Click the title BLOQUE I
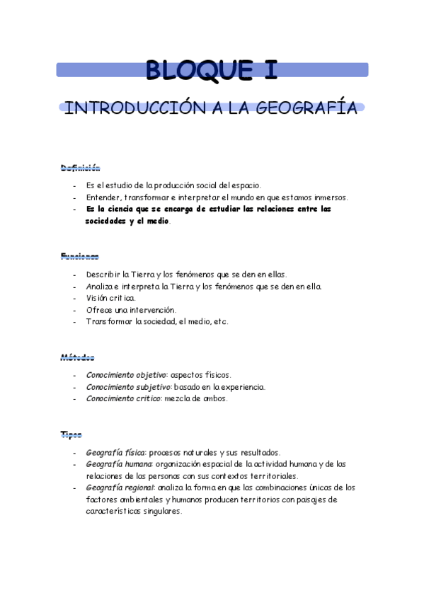[x=211, y=69]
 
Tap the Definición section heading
[x=80, y=168]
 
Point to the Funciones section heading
[x=79, y=256]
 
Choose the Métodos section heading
[x=77, y=358]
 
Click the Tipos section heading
[x=71, y=434]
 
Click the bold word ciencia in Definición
[x=125, y=209]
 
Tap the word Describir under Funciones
[x=103, y=274]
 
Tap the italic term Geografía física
[x=115, y=452]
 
